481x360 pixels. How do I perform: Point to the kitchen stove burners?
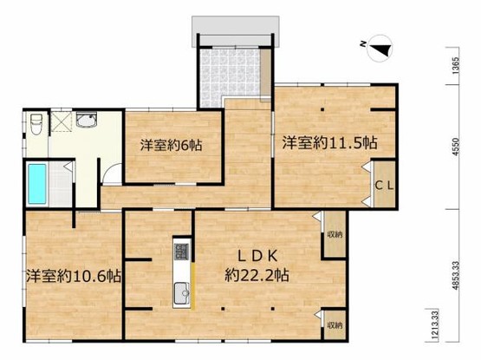(181, 252)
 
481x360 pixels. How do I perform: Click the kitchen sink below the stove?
(181, 295)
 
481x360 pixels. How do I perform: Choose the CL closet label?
(387, 184)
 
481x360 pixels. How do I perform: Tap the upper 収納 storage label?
(335, 234)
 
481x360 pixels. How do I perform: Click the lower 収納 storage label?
(335, 324)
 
